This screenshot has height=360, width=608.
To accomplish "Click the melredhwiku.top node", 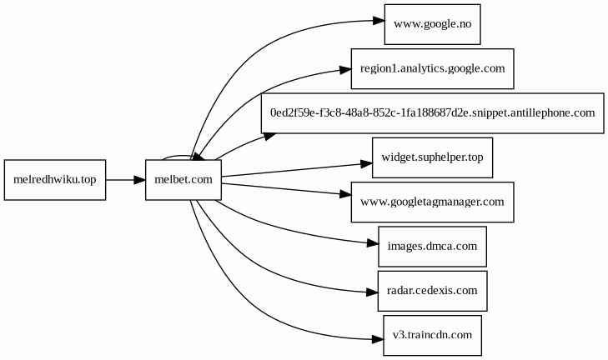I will click(55, 179).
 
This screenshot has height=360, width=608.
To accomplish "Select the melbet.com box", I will click(183, 179).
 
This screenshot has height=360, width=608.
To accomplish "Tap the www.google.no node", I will click(432, 23).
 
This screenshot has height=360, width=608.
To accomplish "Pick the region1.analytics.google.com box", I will click(432, 67).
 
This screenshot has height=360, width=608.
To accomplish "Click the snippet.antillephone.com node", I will click(432, 112).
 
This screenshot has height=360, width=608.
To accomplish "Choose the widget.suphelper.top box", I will click(432, 157).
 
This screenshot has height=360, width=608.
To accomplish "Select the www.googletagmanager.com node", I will click(432, 202).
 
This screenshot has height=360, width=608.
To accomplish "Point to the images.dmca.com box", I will click(432, 246).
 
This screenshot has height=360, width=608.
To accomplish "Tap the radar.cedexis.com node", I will click(432, 290).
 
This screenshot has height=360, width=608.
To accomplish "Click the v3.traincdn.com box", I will click(432, 335).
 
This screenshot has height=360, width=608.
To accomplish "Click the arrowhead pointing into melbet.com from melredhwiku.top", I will click(139, 179).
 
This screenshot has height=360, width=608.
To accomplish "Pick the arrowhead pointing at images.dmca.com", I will click(372, 243).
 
